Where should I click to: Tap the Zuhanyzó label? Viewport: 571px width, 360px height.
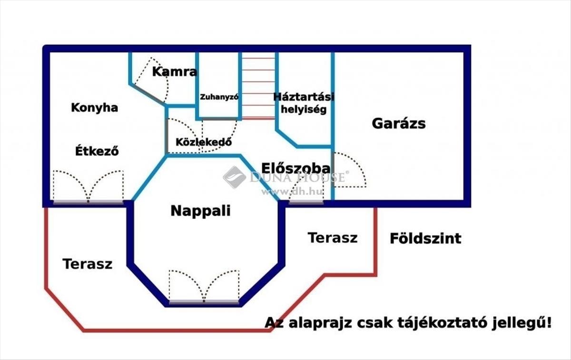(219, 97)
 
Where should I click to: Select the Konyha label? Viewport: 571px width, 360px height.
(94, 108)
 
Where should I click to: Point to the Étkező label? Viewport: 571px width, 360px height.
(97, 151)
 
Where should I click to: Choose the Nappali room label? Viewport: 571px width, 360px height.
(200, 211)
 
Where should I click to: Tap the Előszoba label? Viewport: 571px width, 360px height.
(295, 168)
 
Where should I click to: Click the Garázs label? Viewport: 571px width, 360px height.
(398, 124)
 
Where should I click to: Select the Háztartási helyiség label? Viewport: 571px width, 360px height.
(304, 103)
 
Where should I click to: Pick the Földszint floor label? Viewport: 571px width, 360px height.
(425, 238)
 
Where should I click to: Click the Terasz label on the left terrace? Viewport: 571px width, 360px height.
(88, 264)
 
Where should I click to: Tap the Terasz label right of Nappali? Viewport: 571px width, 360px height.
(332, 238)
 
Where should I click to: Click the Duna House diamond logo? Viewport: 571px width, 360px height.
(234, 177)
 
